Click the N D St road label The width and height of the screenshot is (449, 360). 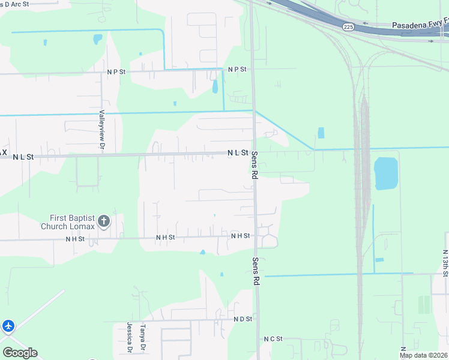pyautogui.click(x=243, y=319)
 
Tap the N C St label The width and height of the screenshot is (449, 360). pyautogui.click(x=273, y=339)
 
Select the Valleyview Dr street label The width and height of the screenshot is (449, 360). pyautogui.click(x=102, y=130)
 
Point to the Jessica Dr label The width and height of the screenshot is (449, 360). pyautogui.click(x=129, y=337)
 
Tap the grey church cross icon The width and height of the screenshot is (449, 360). pyautogui.click(x=104, y=222)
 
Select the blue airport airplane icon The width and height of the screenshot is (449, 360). pyautogui.click(x=8, y=326)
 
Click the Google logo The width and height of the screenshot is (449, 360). pyautogui.click(x=20, y=353)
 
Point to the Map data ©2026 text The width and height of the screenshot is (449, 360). pyautogui.click(x=423, y=355)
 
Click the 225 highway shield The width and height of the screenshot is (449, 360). pyautogui.click(x=348, y=27)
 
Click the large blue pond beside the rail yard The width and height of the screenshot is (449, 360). pyautogui.click(x=386, y=173)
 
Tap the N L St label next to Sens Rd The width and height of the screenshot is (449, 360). pyautogui.click(x=238, y=153)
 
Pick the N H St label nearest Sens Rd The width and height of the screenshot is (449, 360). pyautogui.click(x=240, y=236)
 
